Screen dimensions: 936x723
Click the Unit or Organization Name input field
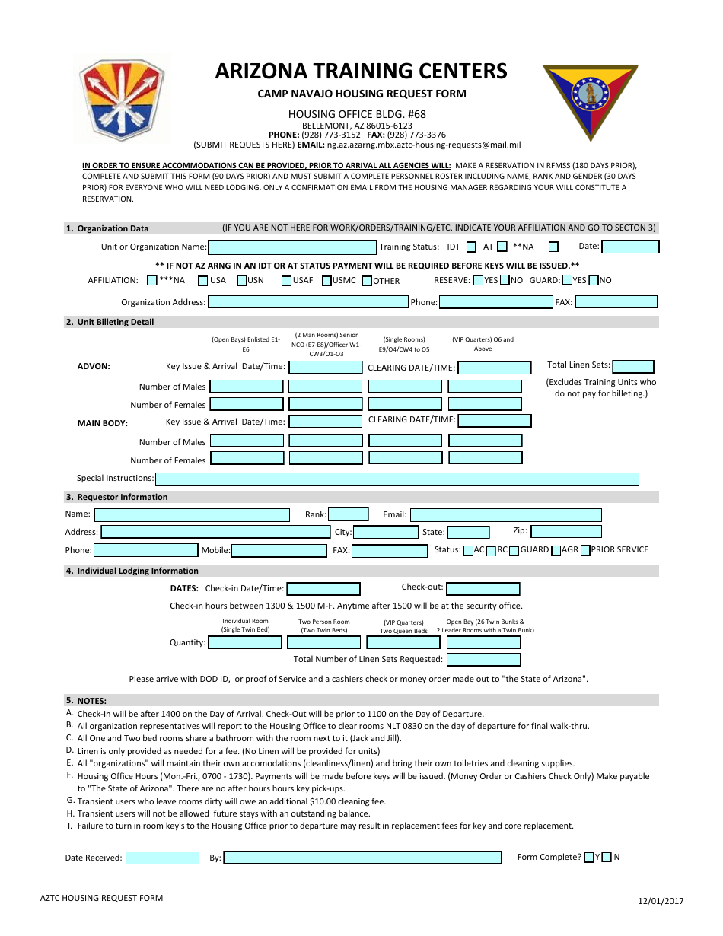pyautogui.click(x=292, y=247)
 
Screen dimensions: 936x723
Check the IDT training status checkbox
pyautogui.click(x=471, y=247)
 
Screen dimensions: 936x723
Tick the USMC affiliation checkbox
pyautogui.click(x=326, y=281)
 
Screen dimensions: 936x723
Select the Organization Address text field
pyautogui.click(x=308, y=302)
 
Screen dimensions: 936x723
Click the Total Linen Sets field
pyautogui.click(x=633, y=366)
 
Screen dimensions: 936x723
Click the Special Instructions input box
pyautogui.click(x=397, y=479)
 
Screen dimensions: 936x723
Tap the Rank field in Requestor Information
pyautogui.click(x=348, y=514)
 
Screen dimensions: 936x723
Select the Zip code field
pyautogui.click(x=566, y=532)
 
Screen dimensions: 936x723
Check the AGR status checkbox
pyautogui.click(x=556, y=550)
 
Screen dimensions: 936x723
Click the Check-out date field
pyautogui.click(x=483, y=589)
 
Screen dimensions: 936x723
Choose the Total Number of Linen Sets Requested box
pyautogui.click(x=483, y=660)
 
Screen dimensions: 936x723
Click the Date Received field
pyautogui.click(x=162, y=858)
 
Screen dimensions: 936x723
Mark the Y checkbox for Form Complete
pyautogui.click(x=589, y=858)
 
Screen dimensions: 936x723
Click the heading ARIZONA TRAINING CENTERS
pyautogui.click(x=361, y=71)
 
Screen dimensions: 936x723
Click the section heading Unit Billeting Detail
pyautogui.click(x=115, y=322)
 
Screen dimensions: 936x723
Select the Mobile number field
pyautogui.click(x=279, y=551)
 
